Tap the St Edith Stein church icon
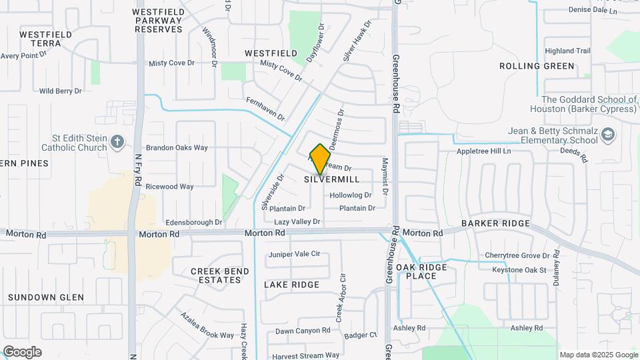coord(118,141)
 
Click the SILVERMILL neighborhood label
coord(332,179)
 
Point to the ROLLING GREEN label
coord(537,66)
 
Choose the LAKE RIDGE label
coord(291,285)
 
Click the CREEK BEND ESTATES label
coord(220,275)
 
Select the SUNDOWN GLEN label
coord(46,297)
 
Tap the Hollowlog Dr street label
coord(350,195)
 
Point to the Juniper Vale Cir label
coord(294,254)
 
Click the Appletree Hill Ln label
coord(483,151)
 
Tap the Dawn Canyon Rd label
coord(303,331)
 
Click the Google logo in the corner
coord(22,352)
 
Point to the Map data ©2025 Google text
coord(598,355)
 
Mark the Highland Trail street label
coord(567,51)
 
